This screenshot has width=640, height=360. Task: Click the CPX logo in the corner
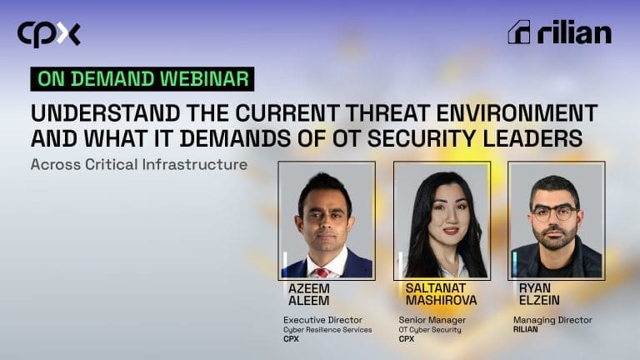point(48,34)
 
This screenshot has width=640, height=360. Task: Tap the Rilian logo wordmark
point(560,32)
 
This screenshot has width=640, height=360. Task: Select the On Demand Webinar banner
point(142,79)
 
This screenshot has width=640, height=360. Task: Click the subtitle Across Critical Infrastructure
point(139,164)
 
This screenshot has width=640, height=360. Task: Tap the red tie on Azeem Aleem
point(322,272)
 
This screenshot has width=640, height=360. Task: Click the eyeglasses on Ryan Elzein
point(554,213)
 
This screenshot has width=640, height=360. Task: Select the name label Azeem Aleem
point(309,294)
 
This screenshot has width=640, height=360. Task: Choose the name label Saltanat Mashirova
point(441,294)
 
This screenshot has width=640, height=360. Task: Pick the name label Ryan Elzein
point(539,294)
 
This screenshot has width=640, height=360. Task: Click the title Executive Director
point(322,320)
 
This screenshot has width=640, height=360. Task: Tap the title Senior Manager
point(432,320)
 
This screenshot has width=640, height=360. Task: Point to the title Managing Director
point(552,320)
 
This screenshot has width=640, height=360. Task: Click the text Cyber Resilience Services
point(327,330)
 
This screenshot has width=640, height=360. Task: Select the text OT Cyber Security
point(430,330)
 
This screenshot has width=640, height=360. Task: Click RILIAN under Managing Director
point(525,329)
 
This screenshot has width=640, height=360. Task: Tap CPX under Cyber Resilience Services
point(292,339)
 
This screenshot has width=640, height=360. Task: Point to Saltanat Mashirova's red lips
point(451,231)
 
